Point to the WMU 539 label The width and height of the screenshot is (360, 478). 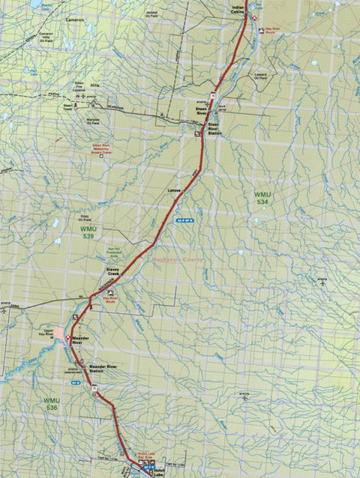(x=88, y=231)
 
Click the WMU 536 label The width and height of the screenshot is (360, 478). (x=51, y=404)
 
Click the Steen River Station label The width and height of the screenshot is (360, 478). (x=214, y=128)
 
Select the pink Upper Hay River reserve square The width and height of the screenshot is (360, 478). (x=59, y=332)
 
